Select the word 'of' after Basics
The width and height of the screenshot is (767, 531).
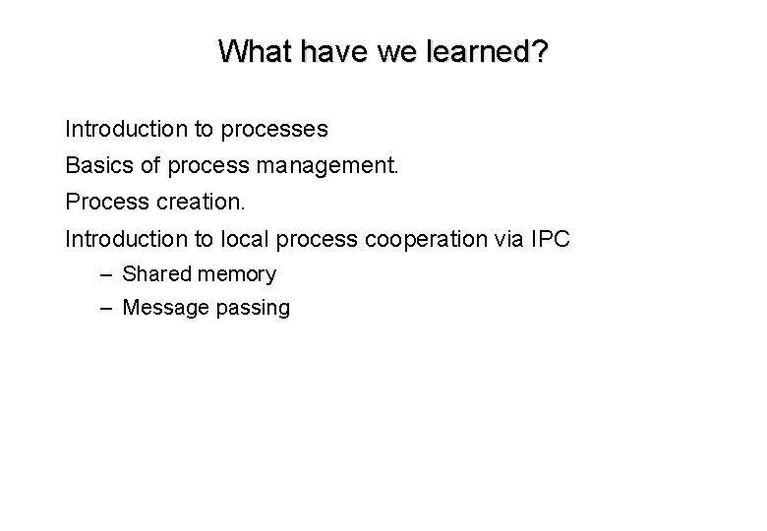(151, 166)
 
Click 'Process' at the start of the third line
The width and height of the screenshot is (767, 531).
(104, 202)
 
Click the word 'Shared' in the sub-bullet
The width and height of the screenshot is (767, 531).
(156, 274)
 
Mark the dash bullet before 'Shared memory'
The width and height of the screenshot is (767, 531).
(106, 274)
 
